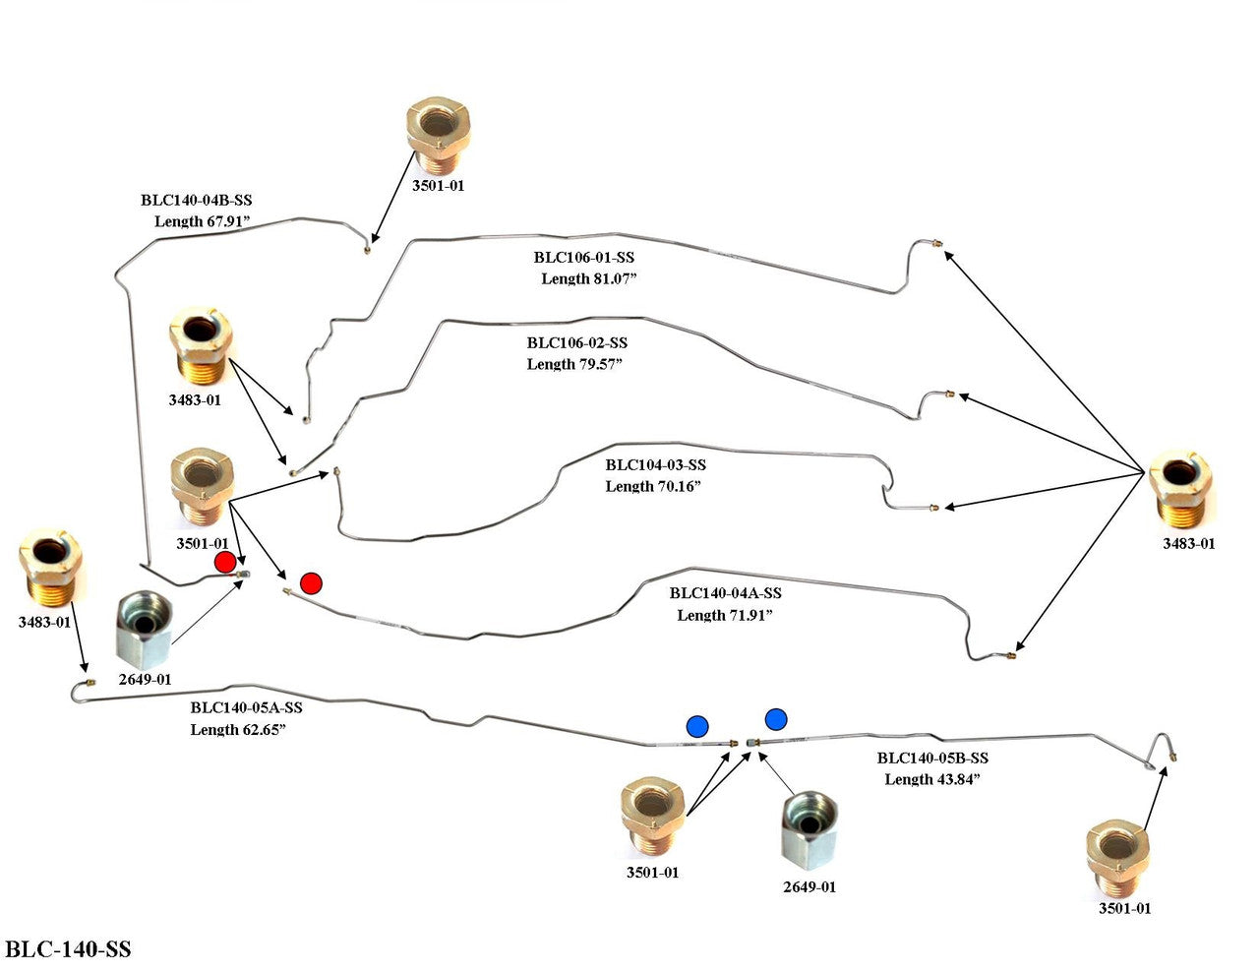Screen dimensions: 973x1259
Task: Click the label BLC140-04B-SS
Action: [x=196, y=201]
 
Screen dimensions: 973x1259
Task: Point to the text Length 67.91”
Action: [x=205, y=221]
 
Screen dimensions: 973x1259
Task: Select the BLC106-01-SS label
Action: [x=583, y=258]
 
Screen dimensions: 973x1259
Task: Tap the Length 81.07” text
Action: [x=589, y=278]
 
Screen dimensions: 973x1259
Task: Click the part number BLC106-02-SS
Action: [x=576, y=343]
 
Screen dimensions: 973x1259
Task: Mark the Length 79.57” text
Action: [x=575, y=364]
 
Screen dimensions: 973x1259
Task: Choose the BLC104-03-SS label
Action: [x=655, y=465]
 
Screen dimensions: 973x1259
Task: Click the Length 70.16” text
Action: [x=653, y=486]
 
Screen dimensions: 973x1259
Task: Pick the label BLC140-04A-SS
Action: [x=725, y=593]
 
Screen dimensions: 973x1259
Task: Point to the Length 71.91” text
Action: [x=725, y=615]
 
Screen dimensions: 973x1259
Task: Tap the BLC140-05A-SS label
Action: [x=246, y=707]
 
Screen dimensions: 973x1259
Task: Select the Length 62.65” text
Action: [x=238, y=729]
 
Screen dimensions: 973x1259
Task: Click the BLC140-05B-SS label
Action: [x=932, y=758]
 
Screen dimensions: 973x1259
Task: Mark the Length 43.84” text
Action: [x=932, y=779]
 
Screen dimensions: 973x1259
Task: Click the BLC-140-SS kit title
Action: [x=68, y=949]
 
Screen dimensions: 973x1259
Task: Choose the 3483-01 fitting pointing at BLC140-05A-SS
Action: [x=49, y=572]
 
